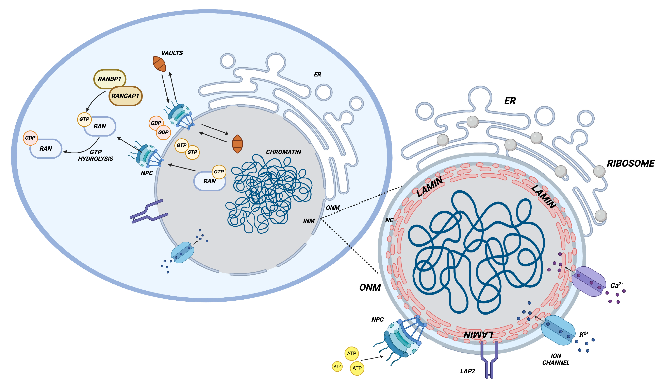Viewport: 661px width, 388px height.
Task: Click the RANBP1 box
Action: pyautogui.click(x=110, y=79)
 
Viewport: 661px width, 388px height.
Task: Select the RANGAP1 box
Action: pyautogui.click(x=125, y=96)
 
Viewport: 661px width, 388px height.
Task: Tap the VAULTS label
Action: pyautogui.click(x=172, y=53)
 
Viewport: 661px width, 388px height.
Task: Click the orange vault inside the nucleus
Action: pyautogui.click(x=237, y=144)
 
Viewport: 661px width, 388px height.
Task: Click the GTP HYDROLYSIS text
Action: pyautogui.click(x=96, y=155)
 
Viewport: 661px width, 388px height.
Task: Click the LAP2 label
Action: pyautogui.click(x=468, y=371)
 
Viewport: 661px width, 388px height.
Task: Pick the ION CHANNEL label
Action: pyautogui.click(x=556, y=359)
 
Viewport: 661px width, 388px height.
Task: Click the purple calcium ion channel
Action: pyautogui.click(x=589, y=282)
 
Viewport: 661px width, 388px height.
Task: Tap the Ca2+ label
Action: pyautogui.click(x=616, y=285)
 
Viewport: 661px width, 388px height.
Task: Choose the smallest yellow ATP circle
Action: pyautogui.click(x=337, y=366)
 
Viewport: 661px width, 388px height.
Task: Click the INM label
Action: pyautogui.click(x=309, y=221)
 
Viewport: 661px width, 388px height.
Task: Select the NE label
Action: pyautogui.click(x=389, y=220)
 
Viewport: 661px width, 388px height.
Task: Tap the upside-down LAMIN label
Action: pyautogui.click(x=478, y=335)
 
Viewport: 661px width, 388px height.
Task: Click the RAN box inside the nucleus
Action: pyautogui.click(x=210, y=181)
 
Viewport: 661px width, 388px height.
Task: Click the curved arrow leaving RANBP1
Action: pyautogui.click(x=94, y=100)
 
